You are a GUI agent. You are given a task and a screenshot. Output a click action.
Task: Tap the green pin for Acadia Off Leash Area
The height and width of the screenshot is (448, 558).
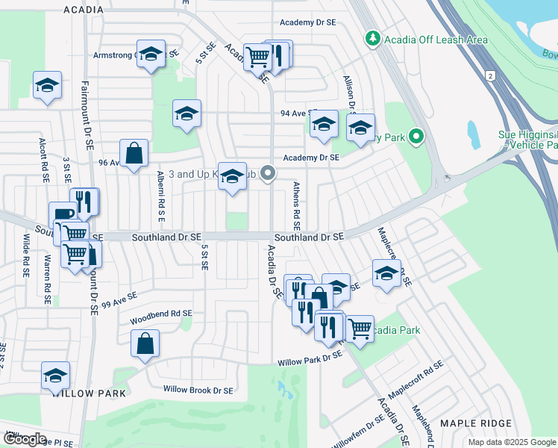(x=372, y=38)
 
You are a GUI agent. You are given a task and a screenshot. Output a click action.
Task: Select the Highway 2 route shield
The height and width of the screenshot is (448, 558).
(x=490, y=76)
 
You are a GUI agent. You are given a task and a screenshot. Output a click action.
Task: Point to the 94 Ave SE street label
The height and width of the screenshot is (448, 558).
(x=294, y=113)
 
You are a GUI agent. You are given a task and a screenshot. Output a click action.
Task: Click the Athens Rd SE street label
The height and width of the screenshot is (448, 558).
(x=296, y=205)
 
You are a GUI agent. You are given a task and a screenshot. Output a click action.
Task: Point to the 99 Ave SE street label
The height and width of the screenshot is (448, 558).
(x=119, y=300)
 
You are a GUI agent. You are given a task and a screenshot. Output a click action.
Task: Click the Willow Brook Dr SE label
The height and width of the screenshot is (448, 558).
(x=198, y=390)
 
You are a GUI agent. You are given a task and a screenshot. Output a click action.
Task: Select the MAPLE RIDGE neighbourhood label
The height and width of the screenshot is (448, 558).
(x=476, y=423)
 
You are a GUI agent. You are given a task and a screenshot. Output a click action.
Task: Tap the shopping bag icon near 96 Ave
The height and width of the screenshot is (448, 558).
(x=134, y=153)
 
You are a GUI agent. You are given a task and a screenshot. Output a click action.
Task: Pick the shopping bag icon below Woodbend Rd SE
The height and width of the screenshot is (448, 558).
(x=145, y=343)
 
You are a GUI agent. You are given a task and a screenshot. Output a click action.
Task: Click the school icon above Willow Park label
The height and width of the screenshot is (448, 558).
(x=55, y=376)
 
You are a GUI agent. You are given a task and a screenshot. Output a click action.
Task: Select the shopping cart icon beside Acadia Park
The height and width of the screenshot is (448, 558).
(x=360, y=327)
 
